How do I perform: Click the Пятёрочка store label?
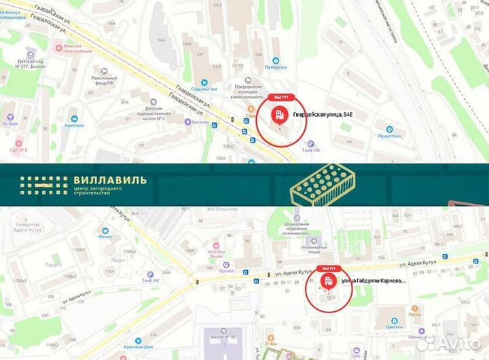pyautogui.click(x=274, y=67)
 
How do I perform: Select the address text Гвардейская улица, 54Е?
pyautogui.click(x=323, y=115)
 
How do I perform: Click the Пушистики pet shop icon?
pyautogui.click(x=389, y=129)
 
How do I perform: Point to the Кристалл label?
pyautogui.click(x=75, y=125)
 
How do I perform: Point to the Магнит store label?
pyautogui.click(x=105, y=238)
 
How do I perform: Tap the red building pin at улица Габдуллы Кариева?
pyautogui.click(x=328, y=281)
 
